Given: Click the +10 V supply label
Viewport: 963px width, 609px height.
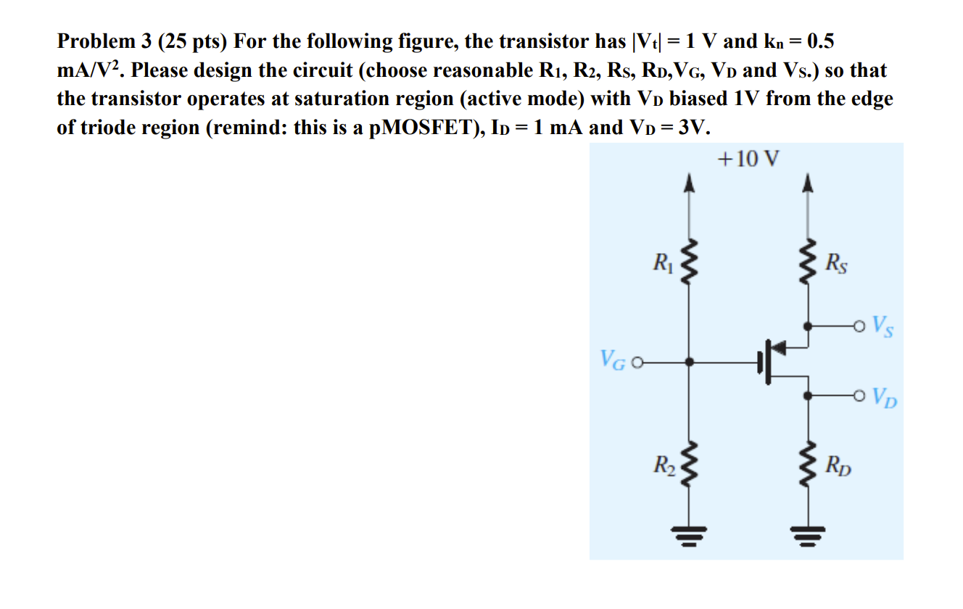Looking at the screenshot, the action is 748,159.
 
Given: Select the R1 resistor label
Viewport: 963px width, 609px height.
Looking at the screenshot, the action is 664,262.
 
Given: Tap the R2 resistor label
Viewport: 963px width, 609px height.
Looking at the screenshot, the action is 664,465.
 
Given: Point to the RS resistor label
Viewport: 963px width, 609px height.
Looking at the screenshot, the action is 836,263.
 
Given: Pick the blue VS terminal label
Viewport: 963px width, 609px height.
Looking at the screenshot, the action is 883,327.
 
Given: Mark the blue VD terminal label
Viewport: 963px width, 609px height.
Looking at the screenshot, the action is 885,397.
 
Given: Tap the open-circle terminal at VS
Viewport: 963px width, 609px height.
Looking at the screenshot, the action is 859,327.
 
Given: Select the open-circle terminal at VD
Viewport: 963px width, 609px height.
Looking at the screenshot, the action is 859,396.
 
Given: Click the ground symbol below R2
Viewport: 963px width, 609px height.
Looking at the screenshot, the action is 689,536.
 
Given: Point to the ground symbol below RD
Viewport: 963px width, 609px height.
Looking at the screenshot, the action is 809,536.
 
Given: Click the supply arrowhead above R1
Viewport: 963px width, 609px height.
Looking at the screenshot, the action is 689,182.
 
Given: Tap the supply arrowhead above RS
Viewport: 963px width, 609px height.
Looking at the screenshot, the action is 809,182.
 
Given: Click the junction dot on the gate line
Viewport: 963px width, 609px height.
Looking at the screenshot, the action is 689,362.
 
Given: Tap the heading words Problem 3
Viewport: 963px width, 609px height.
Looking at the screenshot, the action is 104,42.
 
